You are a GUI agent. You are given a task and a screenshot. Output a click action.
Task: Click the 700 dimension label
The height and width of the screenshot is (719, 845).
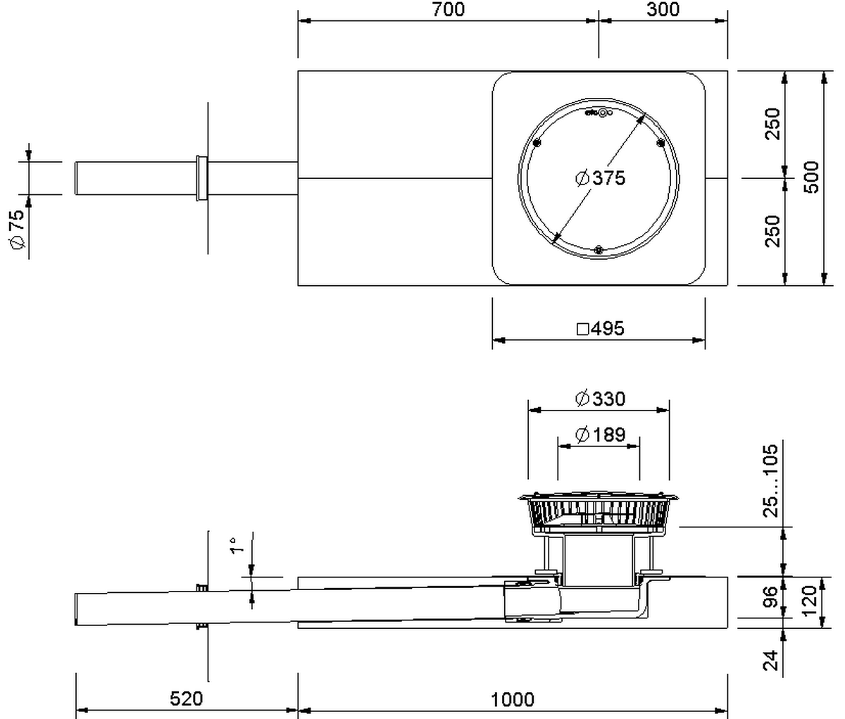[449, 10]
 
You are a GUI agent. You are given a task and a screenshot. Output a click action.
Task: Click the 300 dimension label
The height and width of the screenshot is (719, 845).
[663, 9]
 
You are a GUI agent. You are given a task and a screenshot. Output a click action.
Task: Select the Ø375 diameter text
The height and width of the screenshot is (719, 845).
[600, 178]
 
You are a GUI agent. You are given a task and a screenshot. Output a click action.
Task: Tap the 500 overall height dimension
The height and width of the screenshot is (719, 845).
[812, 177]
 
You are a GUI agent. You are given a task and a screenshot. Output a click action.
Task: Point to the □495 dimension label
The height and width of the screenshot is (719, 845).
[600, 329]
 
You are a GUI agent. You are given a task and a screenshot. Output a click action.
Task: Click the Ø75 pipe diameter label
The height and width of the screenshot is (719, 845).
[17, 229]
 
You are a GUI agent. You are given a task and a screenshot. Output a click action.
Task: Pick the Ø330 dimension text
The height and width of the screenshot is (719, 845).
[600, 399]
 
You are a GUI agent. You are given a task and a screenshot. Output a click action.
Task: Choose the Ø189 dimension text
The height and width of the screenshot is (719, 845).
[600, 434]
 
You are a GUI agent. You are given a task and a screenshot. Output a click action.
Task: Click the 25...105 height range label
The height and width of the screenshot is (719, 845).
[771, 481]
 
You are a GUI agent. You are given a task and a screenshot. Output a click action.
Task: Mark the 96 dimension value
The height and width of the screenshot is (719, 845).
[771, 597]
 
